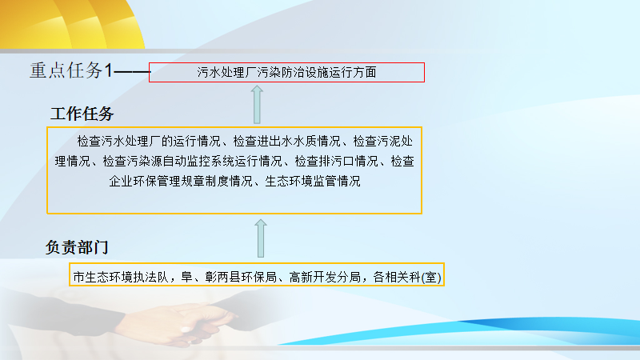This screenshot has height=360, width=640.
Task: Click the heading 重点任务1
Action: [71, 70]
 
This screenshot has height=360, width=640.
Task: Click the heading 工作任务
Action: [82, 114]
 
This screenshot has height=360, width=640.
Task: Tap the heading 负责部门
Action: [77, 247]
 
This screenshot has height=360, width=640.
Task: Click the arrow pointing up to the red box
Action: [257, 105]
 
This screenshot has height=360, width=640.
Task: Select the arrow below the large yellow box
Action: [261, 238]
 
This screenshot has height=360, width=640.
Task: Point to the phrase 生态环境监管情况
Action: [313, 181]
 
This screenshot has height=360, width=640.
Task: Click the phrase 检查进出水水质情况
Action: [286, 142]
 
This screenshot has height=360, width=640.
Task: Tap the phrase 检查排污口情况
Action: [336, 162]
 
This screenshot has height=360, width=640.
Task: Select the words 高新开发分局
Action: [325, 277]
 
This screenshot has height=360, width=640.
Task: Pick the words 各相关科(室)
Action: [407, 278]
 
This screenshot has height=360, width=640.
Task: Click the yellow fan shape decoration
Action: [72, 24]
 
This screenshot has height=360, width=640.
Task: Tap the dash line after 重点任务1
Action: [132, 72]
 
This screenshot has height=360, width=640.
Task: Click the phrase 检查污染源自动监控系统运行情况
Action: [192, 162]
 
